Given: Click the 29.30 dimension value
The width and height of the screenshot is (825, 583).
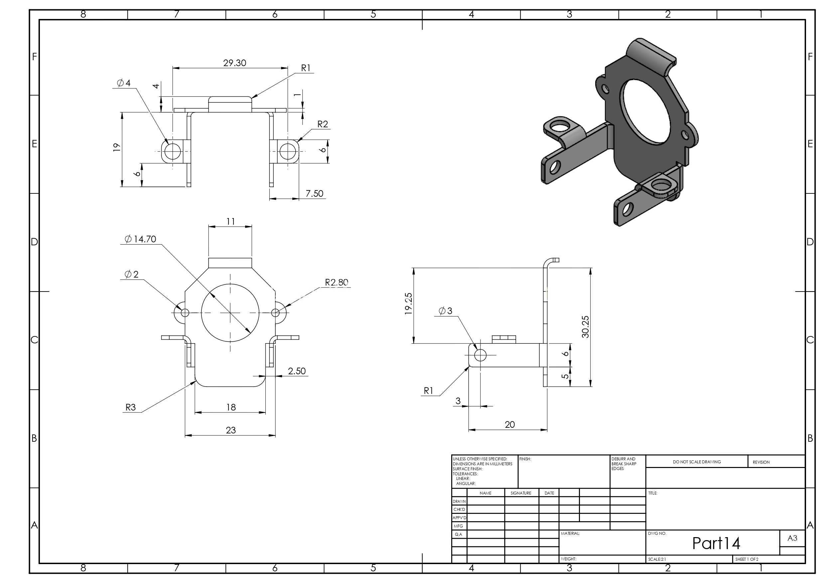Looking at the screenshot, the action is pyautogui.click(x=235, y=63).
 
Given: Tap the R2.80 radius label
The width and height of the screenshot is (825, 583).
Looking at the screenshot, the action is pyautogui.click(x=337, y=282).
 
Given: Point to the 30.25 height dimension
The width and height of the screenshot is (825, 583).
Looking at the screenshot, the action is pyautogui.click(x=585, y=326).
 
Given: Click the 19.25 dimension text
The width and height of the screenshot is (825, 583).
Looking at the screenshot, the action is pyautogui.click(x=409, y=304).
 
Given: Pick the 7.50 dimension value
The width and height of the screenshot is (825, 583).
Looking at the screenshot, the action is pyautogui.click(x=315, y=194).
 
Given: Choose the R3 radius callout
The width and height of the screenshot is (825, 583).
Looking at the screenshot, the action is pyautogui.click(x=130, y=408).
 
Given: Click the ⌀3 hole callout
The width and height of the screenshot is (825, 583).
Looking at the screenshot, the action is pyautogui.click(x=445, y=311).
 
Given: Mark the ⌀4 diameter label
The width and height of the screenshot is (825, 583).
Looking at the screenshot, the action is pyautogui.click(x=124, y=83).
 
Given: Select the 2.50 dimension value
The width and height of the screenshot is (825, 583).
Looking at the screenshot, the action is pyautogui.click(x=297, y=371).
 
